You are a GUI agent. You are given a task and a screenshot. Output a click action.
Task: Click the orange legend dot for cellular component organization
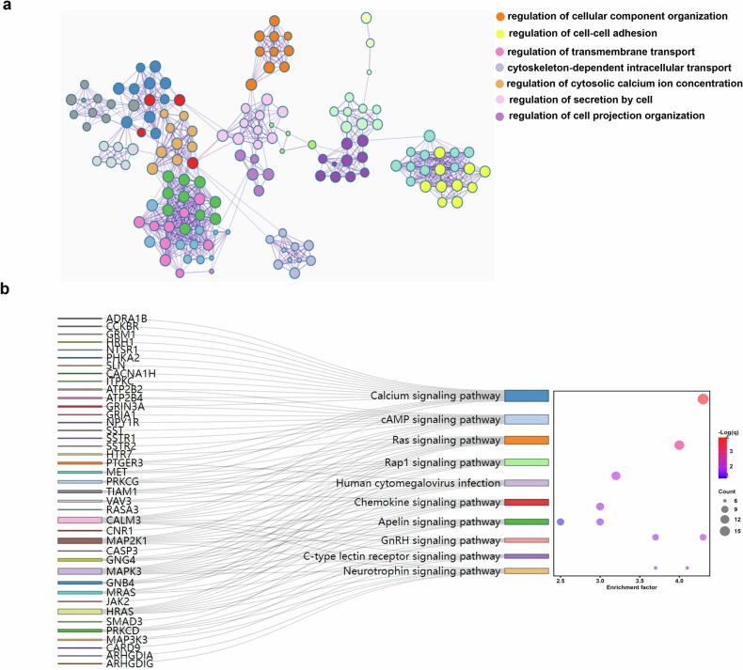tap(499, 16)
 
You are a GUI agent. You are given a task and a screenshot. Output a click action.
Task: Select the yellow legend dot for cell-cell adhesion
tap(499, 34)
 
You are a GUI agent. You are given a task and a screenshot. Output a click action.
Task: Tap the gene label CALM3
tap(123, 519)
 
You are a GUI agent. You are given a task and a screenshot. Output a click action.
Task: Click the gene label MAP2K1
tap(127, 541)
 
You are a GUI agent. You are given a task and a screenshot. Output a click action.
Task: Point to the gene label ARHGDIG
tap(129, 664)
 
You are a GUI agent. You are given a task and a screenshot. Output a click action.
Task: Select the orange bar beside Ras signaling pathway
tap(526, 440)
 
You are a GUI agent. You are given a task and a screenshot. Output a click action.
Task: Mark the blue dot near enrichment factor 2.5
tap(561, 522)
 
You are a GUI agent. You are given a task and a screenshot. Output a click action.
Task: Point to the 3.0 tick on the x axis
tap(600, 583)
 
